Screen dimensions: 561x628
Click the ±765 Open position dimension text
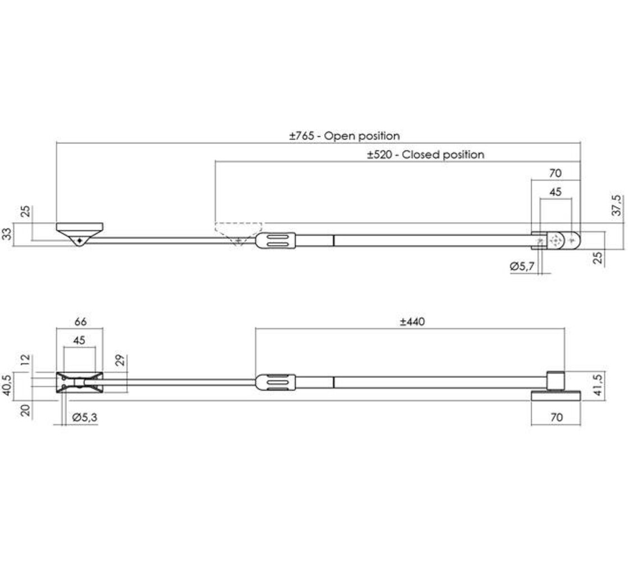click(x=345, y=136)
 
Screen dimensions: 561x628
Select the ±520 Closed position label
click(x=425, y=154)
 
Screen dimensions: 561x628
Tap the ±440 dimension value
click(x=412, y=322)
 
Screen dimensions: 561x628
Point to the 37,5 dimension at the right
click(x=616, y=206)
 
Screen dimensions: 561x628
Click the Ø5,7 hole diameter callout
click(x=522, y=268)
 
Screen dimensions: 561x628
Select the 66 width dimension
click(x=80, y=322)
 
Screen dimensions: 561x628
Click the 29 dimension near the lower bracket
click(x=120, y=360)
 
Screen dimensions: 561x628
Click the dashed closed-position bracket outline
click(x=239, y=231)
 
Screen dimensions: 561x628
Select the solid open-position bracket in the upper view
click(x=80, y=231)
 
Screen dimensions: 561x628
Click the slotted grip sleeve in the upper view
click(x=276, y=241)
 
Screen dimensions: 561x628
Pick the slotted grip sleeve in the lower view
click(x=276, y=383)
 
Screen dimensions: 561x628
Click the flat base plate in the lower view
click(x=556, y=396)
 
